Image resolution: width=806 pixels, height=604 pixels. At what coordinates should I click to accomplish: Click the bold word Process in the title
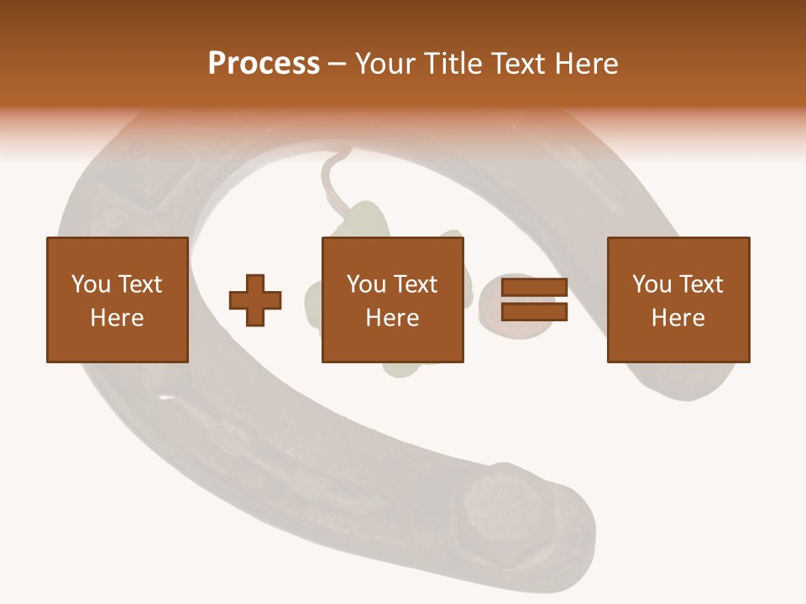coord(264,64)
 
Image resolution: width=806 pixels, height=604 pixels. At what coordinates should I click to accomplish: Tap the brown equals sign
coord(534,300)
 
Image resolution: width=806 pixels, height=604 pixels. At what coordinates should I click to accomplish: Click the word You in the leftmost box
coord(91,284)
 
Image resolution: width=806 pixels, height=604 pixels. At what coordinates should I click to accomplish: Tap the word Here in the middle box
coord(392,318)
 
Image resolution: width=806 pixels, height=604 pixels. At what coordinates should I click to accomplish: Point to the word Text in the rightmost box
coord(701,284)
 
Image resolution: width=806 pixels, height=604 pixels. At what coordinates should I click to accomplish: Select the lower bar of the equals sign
coord(534,312)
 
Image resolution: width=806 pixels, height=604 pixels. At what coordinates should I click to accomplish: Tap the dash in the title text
coord(337,65)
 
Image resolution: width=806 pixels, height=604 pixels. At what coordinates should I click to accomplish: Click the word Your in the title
coord(383,64)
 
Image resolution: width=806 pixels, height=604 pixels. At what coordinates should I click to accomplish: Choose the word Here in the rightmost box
coord(678,318)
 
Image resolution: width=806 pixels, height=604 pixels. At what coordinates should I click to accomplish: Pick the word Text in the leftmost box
coord(139,284)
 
